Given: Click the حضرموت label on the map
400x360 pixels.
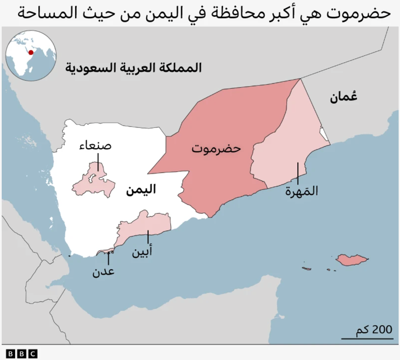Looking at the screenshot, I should pyautogui.click(x=216, y=149).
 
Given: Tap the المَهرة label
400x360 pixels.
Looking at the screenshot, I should pyautogui.click(x=302, y=191).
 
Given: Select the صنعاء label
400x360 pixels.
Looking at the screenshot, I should pyautogui.click(x=95, y=146).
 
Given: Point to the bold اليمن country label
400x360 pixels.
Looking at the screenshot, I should pyautogui.click(x=141, y=189).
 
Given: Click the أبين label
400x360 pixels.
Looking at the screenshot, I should pyautogui.click(x=142, y=252).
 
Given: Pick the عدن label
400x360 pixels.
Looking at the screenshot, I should pyautogui.click(x=103, y=272).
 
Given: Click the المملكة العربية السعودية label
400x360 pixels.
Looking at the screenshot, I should pyautogui.click(x=133, y=68).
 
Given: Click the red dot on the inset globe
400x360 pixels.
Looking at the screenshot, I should pyautogui.click(x=31, y=53).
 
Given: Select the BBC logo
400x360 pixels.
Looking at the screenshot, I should pyautogui.click(x=22, y=354).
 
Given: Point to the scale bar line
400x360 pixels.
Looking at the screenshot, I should pyautogui.click(x=367, y=339).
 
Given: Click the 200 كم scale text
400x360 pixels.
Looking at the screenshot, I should pyautogui.click(x=374, y=330).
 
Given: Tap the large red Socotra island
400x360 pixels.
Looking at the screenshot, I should pyautogui.click(x=351, y=260).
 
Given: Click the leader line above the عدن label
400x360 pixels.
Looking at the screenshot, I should pyautogui.click(x=108, y=259).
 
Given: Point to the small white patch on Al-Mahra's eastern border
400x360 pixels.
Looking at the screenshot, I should pyautogui.click(x=324, y=134).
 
